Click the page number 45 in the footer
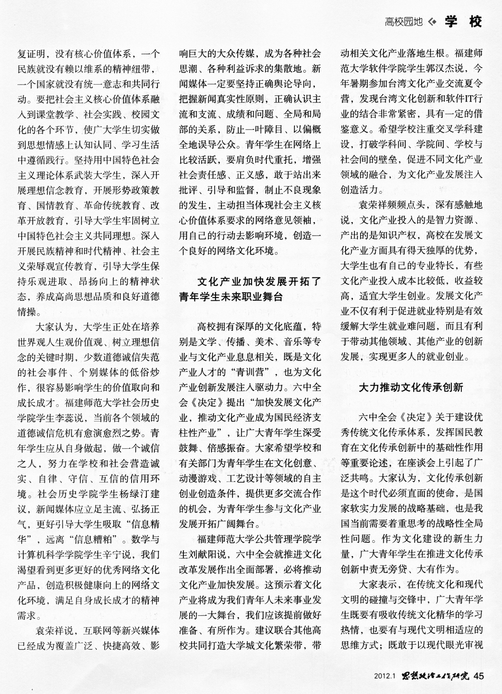pyautogui.click(x=479, y=675)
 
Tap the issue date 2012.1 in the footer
pyautogui.click(x=385, y=676)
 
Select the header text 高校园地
pyautogui.click(x=404, y=22)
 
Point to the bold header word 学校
pyautogui.click(x=463, y=22)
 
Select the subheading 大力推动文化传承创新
pyautogui.click(x=411, y=387)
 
